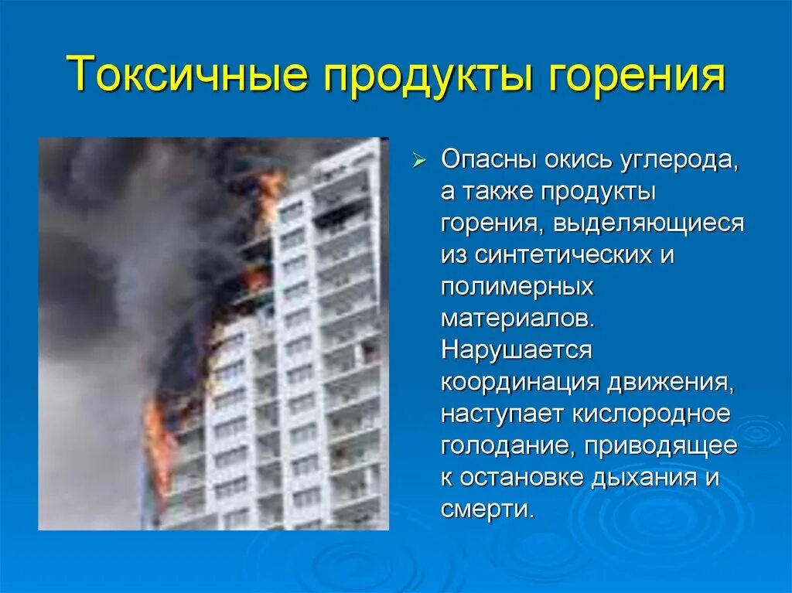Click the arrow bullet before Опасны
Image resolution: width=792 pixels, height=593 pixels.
click(x=418, y=162)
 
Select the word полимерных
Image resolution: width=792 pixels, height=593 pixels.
click(x=517, y=287)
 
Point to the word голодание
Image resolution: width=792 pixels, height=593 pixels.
click(x=507, y=446)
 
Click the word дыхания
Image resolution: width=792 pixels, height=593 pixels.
click(x=653, y=478)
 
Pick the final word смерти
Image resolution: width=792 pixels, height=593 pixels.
click(x=487, y=510)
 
